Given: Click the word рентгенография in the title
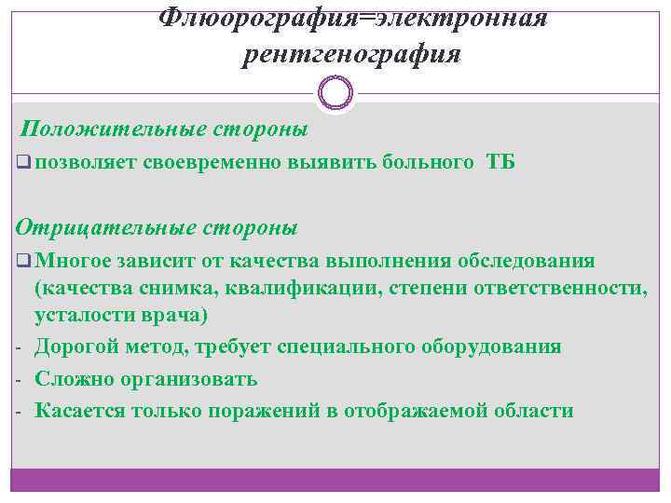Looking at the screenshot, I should [x=351, y=55].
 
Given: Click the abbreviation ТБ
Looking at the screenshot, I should [x=500, y=163].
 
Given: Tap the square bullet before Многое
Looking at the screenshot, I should [x=23, y=259].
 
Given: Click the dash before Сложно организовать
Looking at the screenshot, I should [x=18, y=380].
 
